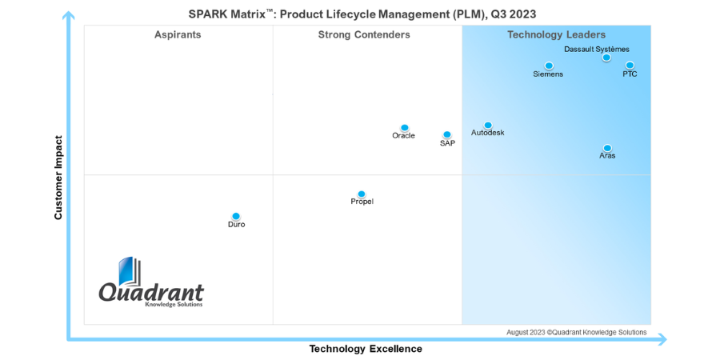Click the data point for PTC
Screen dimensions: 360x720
pyautogui.click(x=630, y=66)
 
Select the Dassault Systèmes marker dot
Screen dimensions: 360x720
pyautogui.click(x=606, y=58)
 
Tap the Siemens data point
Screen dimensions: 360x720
pyautogui.click(x=549, y=66)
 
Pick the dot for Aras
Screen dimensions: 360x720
pyautogui.click(x=607, y=148)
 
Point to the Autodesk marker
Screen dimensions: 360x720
pyautogui.click(x=488, y=126)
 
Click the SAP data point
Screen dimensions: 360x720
pyautogui.click(x=447, y=134)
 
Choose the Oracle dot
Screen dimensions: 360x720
pyautogui.click(x=405, y=128)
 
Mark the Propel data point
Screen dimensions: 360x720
pyautogui.click(x=362, y=194)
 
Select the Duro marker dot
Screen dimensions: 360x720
pyautogui.click(x=236, y=216)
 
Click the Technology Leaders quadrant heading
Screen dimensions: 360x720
pyautogui.click(x=556, y=34)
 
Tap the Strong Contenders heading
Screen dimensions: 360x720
pyautogui.click(x=364, y=34)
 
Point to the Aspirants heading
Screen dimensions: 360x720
pyautogui.click(x=178, y=34)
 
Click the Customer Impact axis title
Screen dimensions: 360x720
pyautogui.click(x=58, y=178)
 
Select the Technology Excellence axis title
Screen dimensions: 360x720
pyautogui.click(x=366, y=349)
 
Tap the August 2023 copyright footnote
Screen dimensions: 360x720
pyautogui.click(x=576, y=332)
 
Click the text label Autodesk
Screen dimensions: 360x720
pyautogui.click(x=488, y=133)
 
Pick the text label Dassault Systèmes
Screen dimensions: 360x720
pyautogui.click(x=596, y=49)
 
